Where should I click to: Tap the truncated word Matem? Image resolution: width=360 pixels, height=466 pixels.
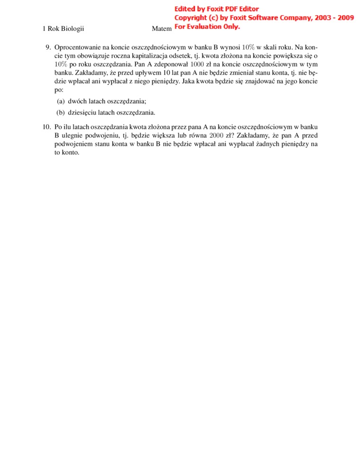coord(161,29)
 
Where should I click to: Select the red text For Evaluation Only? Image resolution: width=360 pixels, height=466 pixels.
coord(207,27)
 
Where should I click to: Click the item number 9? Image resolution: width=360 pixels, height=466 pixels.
coord(47,47)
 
